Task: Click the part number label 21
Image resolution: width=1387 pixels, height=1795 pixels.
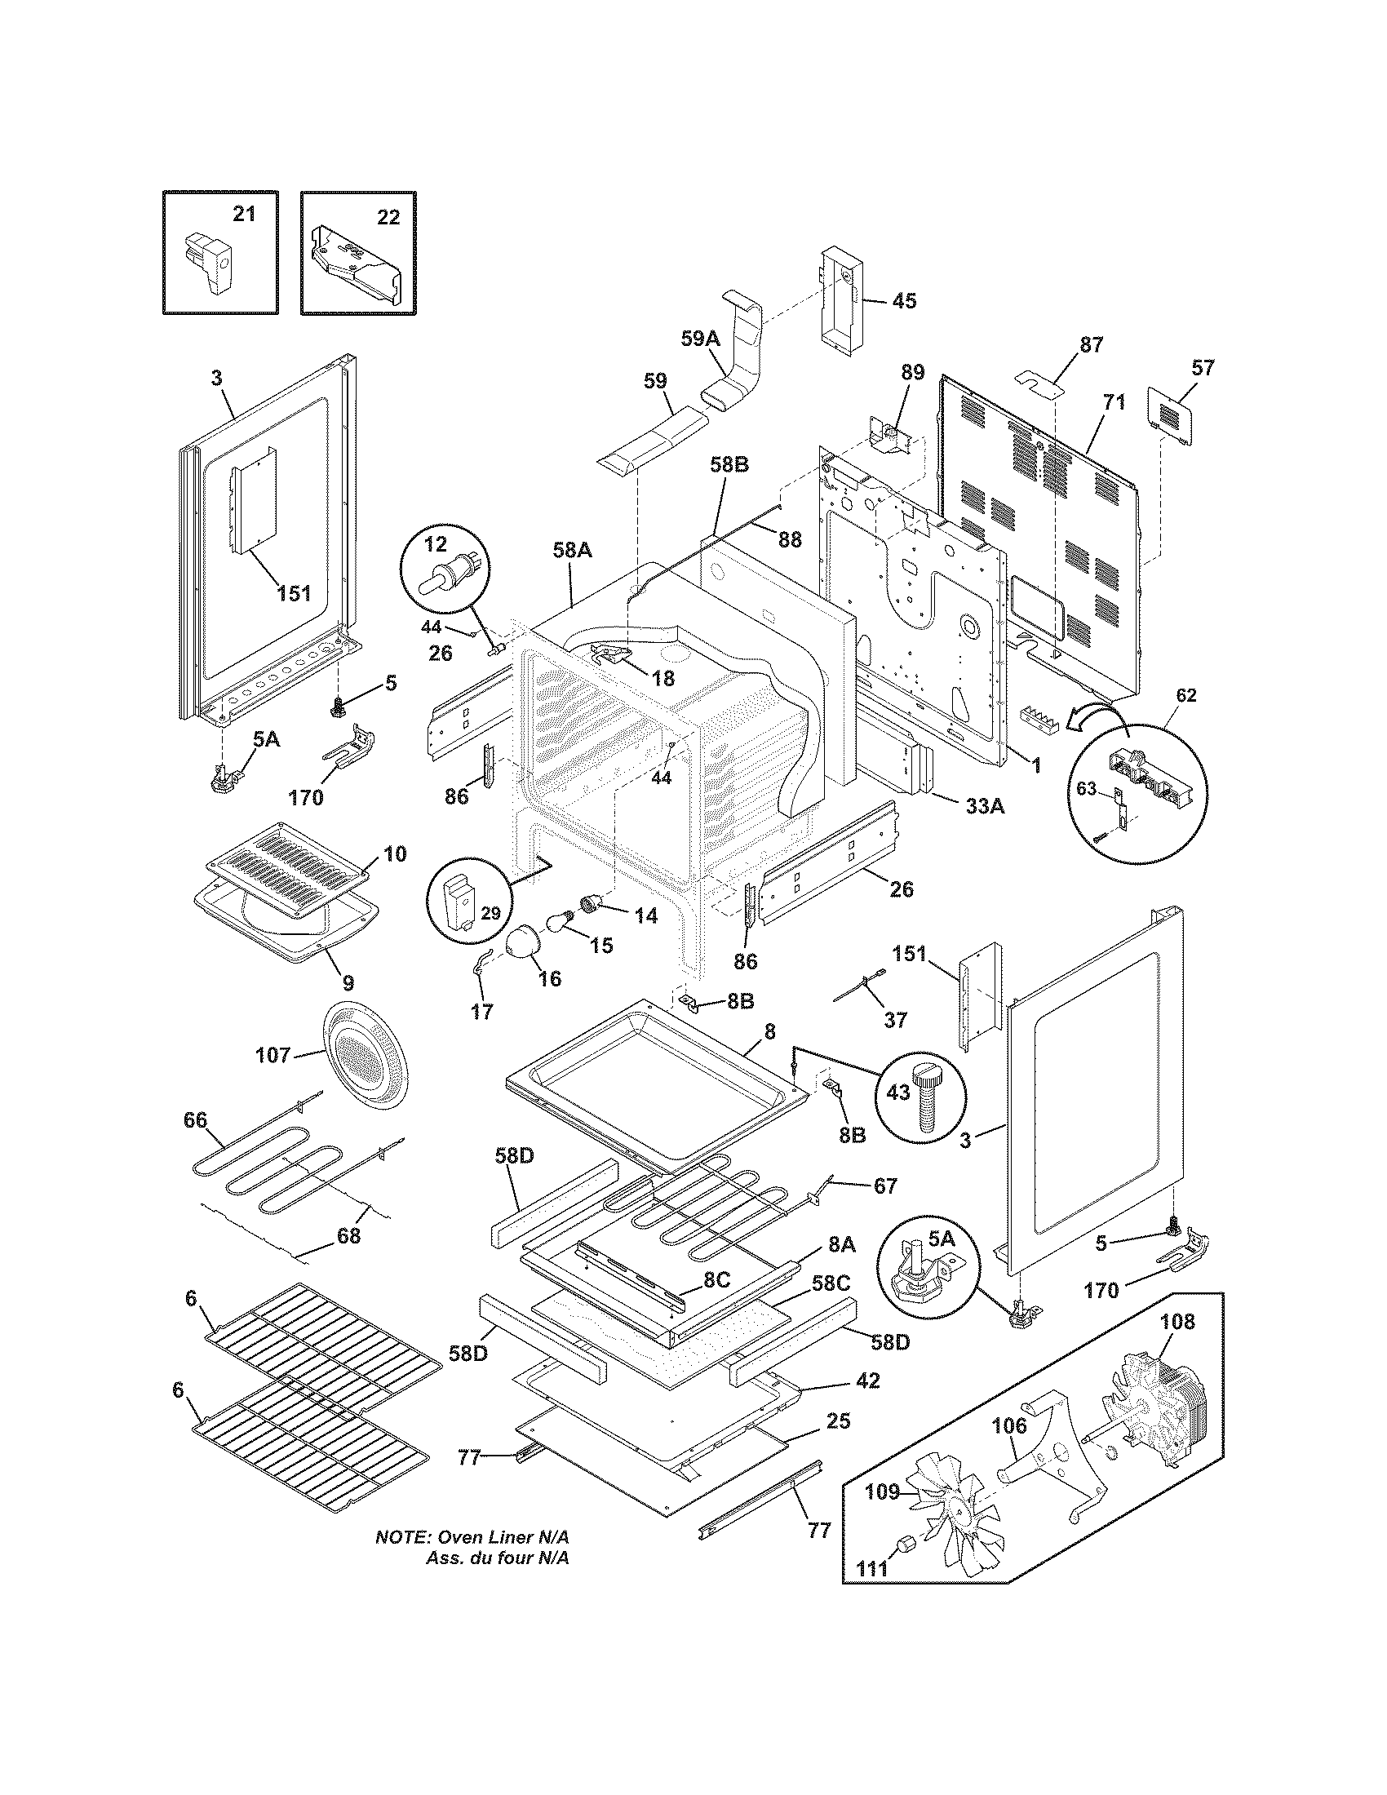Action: (244, 215)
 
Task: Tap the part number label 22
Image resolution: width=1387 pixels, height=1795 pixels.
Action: (388, 217)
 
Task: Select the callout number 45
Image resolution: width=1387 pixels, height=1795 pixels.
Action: (904, 301)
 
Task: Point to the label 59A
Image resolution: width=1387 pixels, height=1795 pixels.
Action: (700, 339)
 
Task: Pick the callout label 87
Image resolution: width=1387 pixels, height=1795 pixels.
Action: (1091, 344)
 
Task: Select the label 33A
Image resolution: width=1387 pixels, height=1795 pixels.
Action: (986, 807)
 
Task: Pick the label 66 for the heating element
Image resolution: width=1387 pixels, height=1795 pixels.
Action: (197, 1119)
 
